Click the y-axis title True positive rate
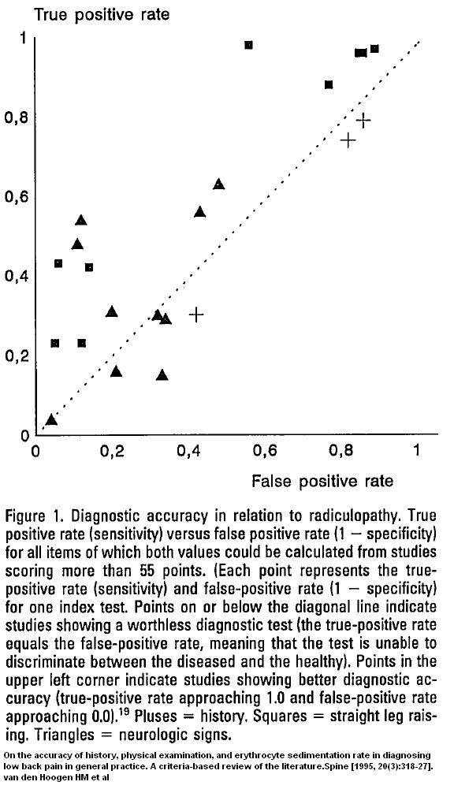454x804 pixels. coord(102,14)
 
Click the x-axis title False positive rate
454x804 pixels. coord(322,481)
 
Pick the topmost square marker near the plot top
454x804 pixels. coord(249,45)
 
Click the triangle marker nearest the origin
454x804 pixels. coord(50,420)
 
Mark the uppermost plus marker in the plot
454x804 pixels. coord(363,121)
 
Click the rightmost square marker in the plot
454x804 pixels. coord(374,49)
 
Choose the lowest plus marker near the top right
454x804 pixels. coord(348,140)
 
